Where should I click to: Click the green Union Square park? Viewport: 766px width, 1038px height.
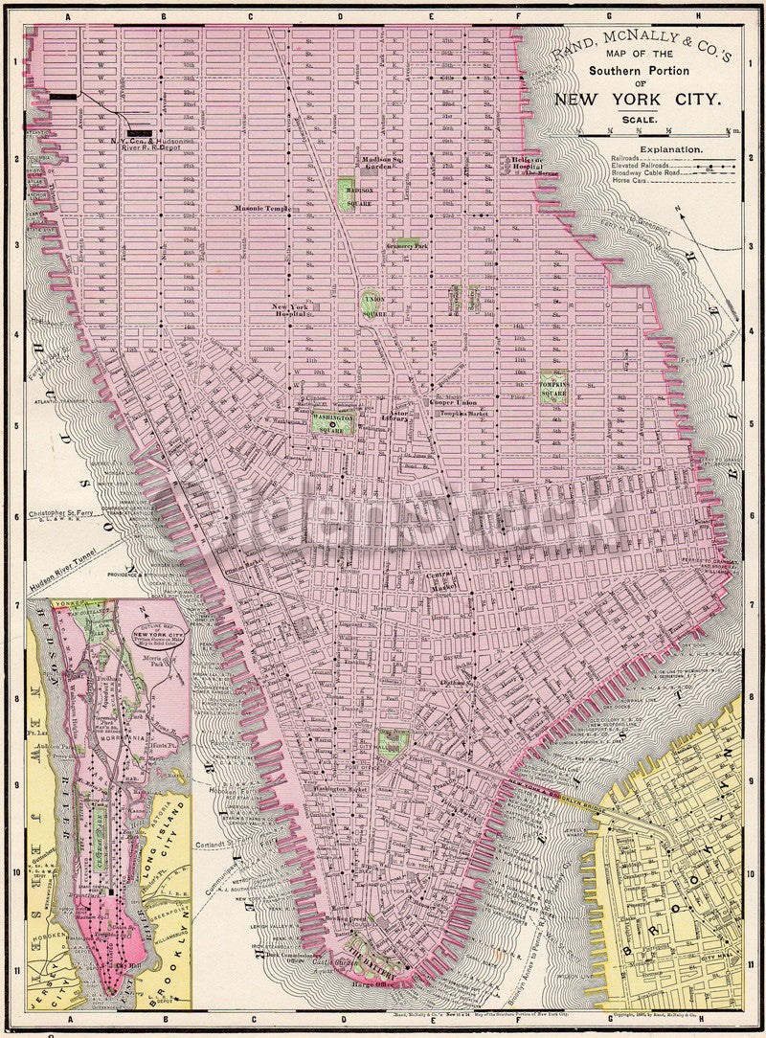click(373, 305)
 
